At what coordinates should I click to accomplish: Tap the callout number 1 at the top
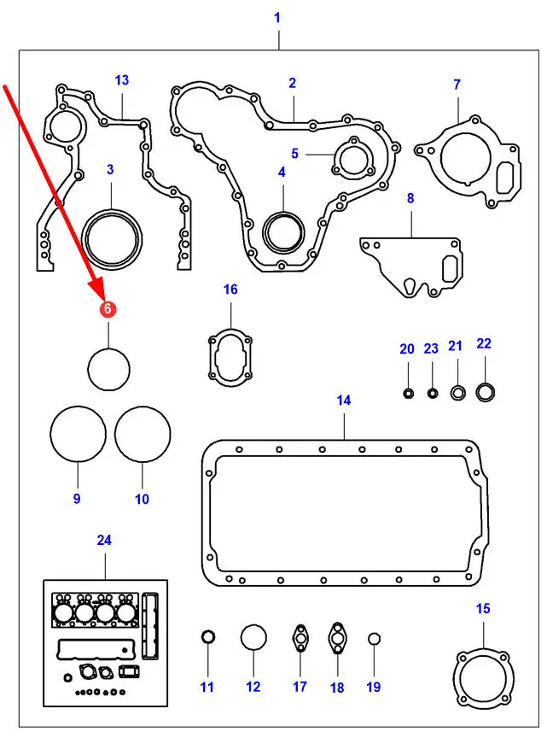(276, 17)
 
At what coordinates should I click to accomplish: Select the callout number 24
(104, 540)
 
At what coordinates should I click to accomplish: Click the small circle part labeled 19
(373, 640)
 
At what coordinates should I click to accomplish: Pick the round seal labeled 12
(253, 639)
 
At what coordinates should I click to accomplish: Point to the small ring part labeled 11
(207, 637)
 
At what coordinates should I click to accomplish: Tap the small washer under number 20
(408, 394)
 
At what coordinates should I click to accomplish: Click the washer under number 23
(432, 394)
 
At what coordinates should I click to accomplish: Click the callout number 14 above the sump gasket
(343, 400)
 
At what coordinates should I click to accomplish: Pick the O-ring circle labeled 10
(143, 435)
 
